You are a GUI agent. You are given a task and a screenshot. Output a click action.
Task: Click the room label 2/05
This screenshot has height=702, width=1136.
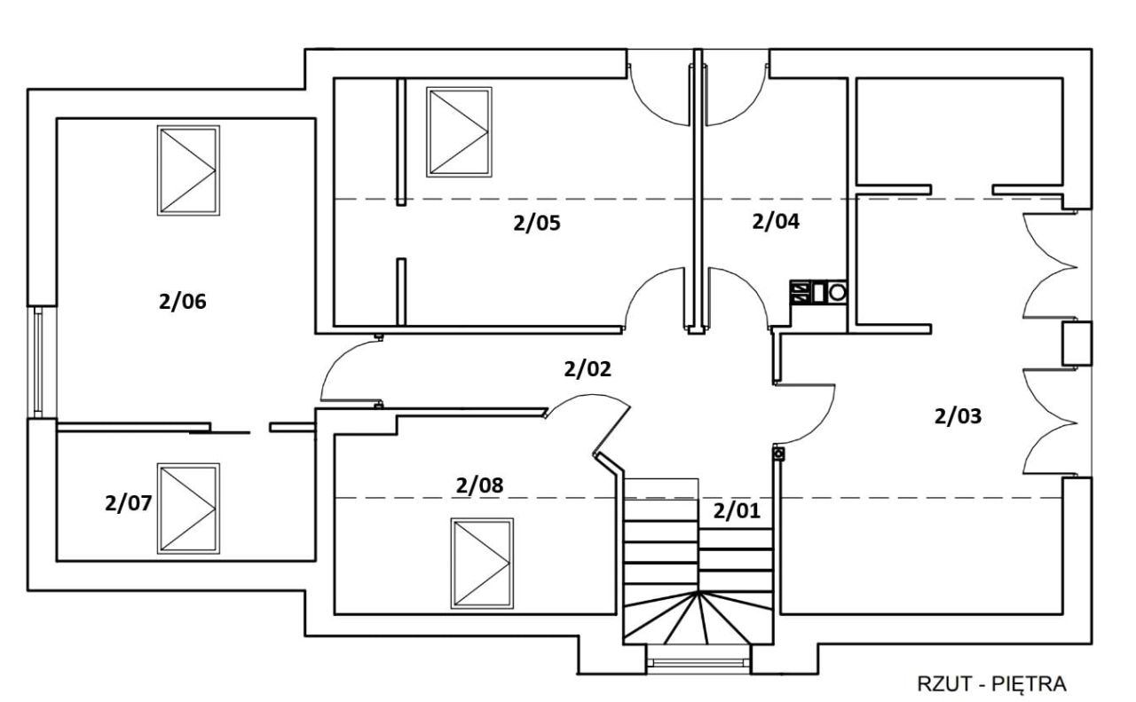pos(537,223)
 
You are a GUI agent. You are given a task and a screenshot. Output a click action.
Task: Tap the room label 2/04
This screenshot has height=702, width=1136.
pos(776,222)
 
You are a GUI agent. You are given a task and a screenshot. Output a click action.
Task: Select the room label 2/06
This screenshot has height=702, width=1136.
pos(183,302)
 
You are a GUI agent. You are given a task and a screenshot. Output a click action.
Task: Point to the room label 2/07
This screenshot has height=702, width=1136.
pos(129,503)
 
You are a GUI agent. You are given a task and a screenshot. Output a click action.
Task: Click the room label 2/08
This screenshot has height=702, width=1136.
pos(480,485)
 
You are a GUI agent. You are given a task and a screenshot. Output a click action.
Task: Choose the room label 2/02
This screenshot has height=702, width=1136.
pos(588,369)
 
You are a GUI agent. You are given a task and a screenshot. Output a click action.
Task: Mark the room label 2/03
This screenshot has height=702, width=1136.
pos(958,416)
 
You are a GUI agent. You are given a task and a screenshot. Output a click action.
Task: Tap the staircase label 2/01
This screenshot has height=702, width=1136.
pos(737,511)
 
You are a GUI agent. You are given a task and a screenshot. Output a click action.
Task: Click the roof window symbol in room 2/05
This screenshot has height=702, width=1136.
pos(459,132)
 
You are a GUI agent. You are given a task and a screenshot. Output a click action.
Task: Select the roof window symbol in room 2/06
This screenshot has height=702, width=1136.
pos(188,170)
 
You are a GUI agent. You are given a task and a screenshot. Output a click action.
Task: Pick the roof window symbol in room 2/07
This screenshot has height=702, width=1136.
pos(188,509)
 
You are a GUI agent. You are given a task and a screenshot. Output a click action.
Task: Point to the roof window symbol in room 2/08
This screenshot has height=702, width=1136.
pos(482,563)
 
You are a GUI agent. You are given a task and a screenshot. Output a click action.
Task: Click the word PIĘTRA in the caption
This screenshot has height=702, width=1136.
pos(1029,684)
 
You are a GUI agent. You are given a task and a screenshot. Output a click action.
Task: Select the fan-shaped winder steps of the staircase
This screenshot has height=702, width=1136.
pos(698,618)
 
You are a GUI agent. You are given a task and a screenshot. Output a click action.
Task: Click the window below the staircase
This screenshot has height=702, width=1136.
pos(698,662)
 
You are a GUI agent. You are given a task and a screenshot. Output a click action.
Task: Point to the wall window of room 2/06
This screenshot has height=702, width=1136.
pos(38,362)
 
